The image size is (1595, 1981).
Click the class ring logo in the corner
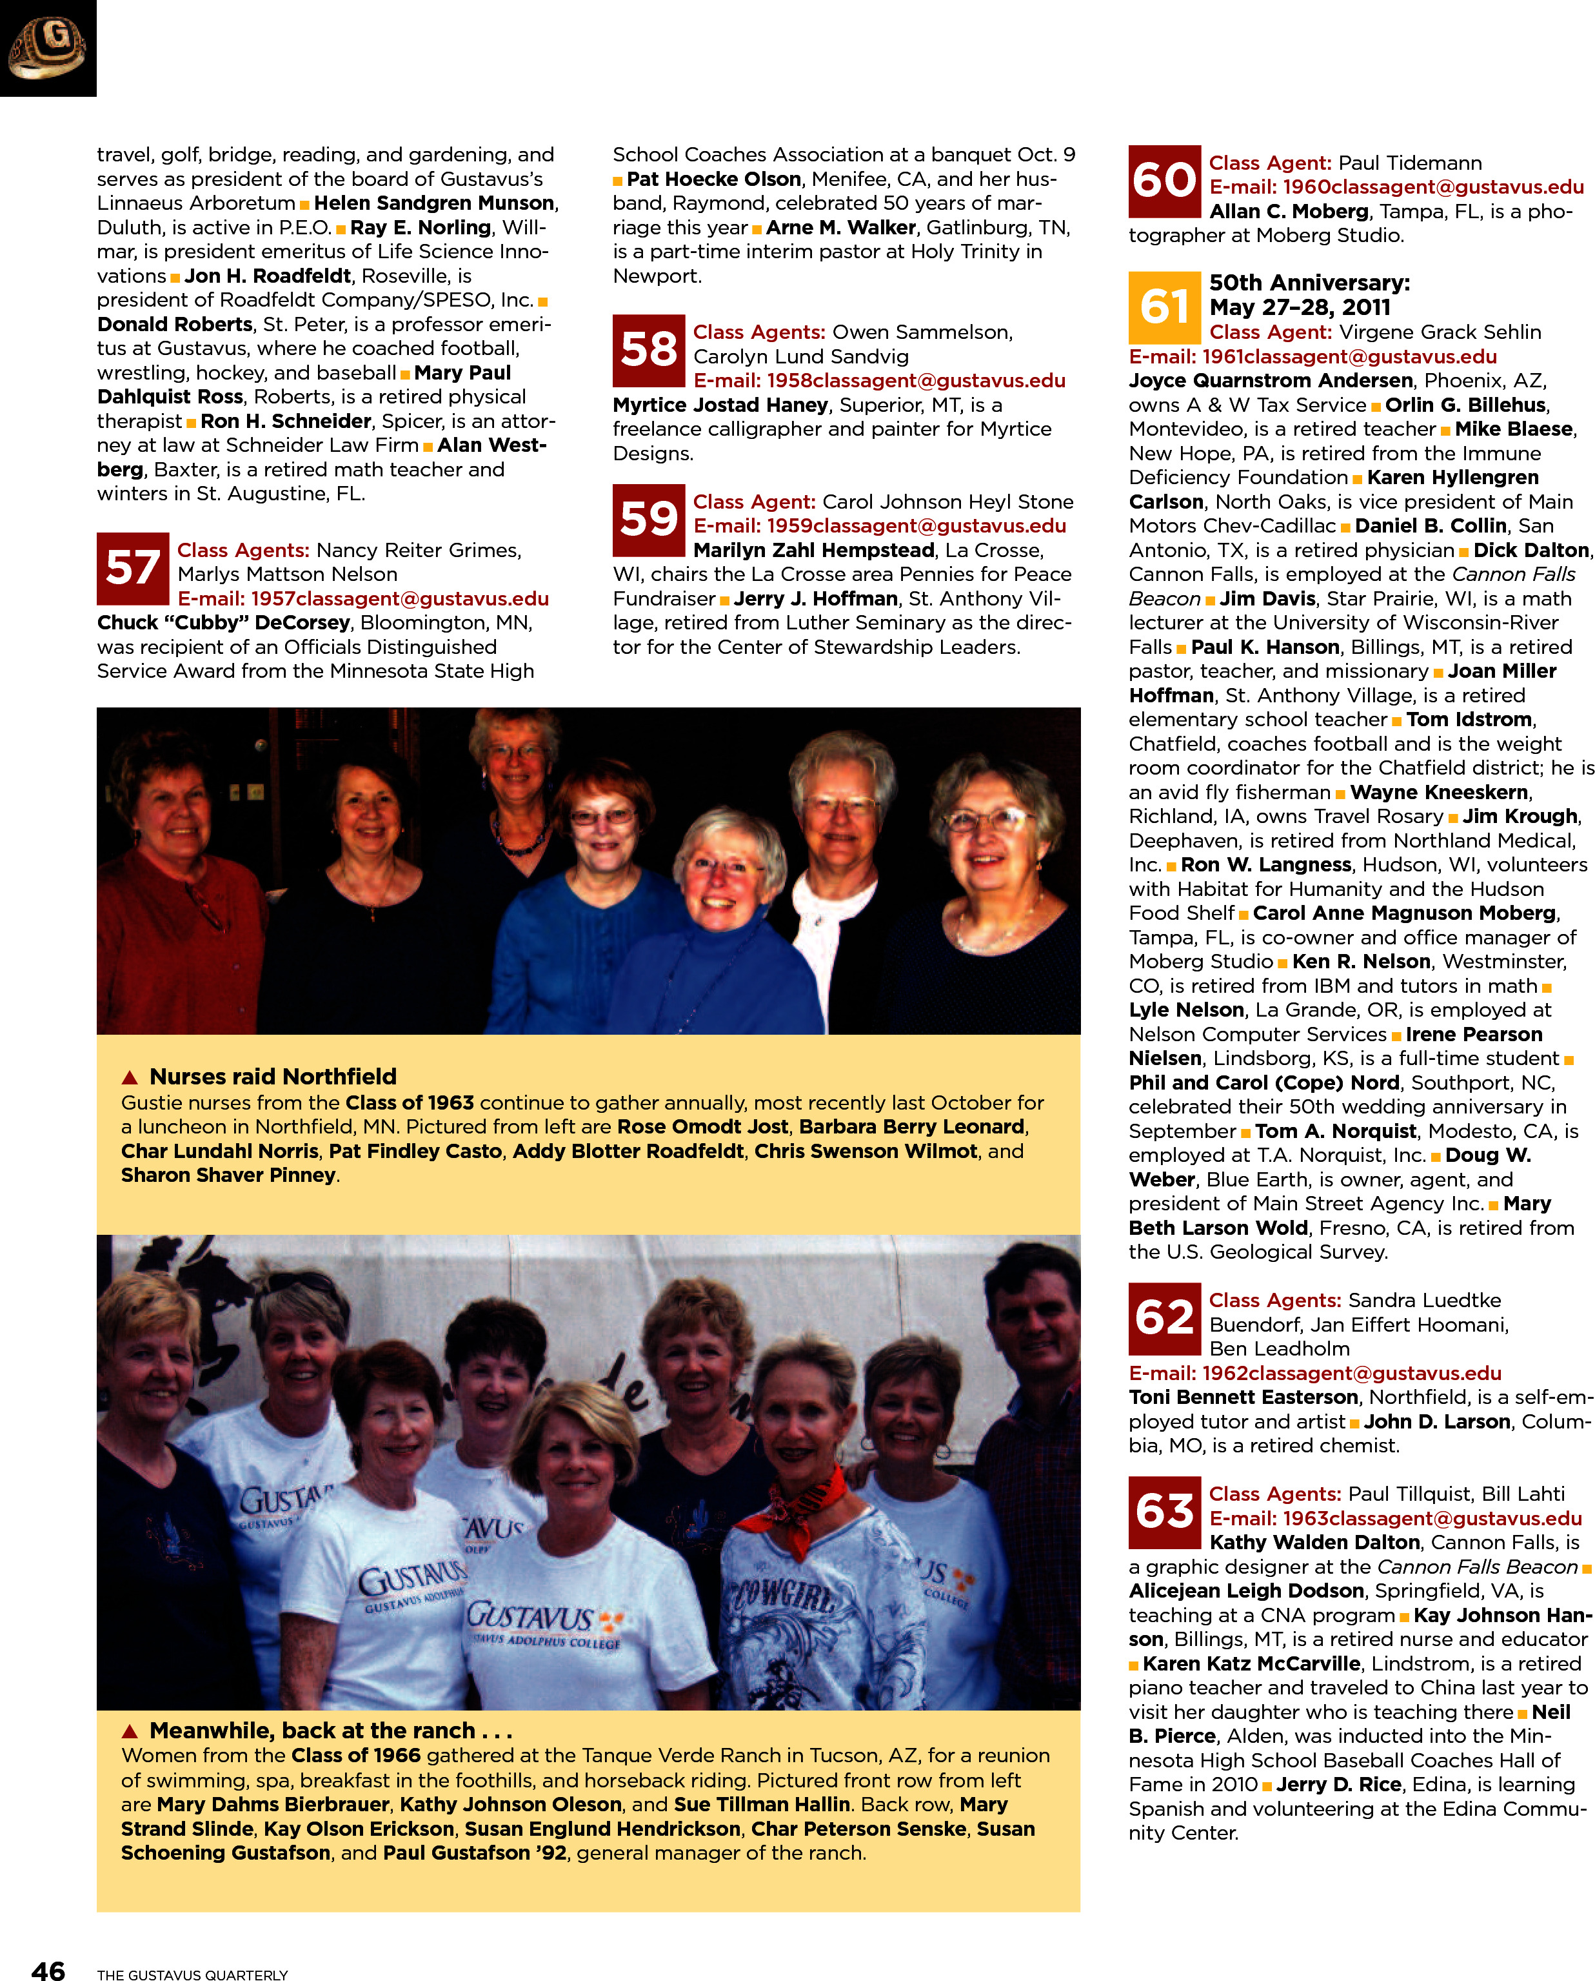(48, 48)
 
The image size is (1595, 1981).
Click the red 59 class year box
(649, 520)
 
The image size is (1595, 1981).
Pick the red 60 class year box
(1164, 181)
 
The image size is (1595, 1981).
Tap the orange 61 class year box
(1164, 307)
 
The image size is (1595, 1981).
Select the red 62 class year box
(1164, 1318)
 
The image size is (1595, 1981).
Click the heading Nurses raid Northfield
(273, 1077)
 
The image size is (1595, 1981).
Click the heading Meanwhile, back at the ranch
(330, 1731)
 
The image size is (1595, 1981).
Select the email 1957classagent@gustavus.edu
(363, 598)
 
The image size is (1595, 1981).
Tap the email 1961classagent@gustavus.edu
(1313, 357)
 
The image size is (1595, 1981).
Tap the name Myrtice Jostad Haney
(720, 405)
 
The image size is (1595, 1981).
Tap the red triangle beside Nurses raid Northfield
(130, 1077)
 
